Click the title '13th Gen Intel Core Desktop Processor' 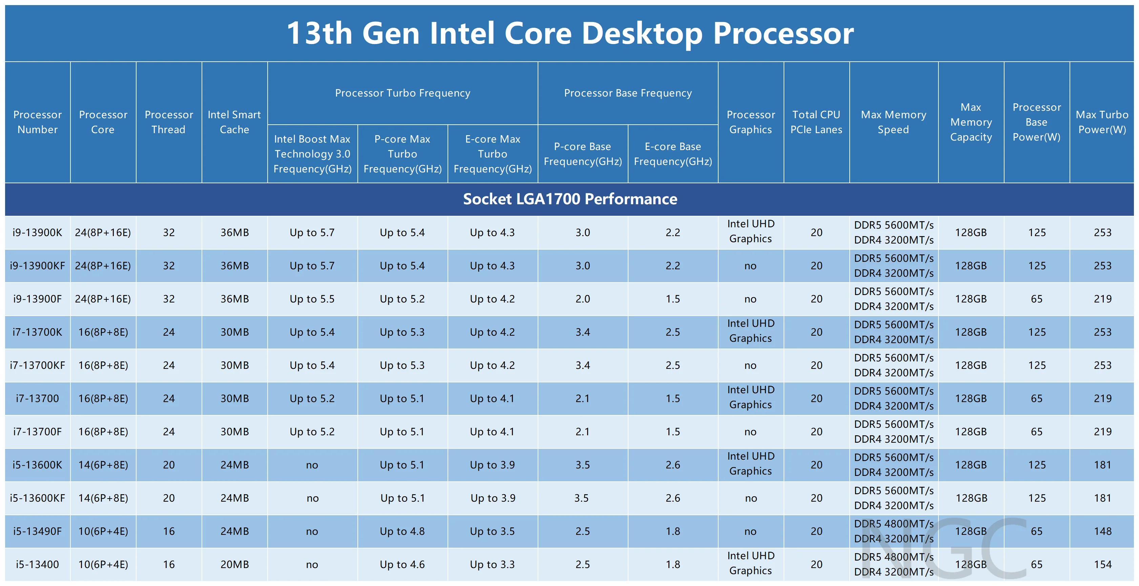(569, 33)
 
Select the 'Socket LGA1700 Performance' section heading (569, 199)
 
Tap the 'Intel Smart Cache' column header (234, 122)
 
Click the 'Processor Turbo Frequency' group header (402, 93)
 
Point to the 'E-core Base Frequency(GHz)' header (672, 154)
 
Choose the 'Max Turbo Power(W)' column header (1102, 122)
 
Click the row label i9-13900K (38, 232)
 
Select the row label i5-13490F (38, 531)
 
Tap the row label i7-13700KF (38, 365)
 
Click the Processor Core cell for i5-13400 (103, 564)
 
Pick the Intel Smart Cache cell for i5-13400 (234, 564)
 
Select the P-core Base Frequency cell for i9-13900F (582, 299)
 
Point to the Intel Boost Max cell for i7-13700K (312, 332)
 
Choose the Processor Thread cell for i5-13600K (169, 465)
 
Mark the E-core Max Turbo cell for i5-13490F (492, 531)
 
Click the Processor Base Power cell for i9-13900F (1036, 299)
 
